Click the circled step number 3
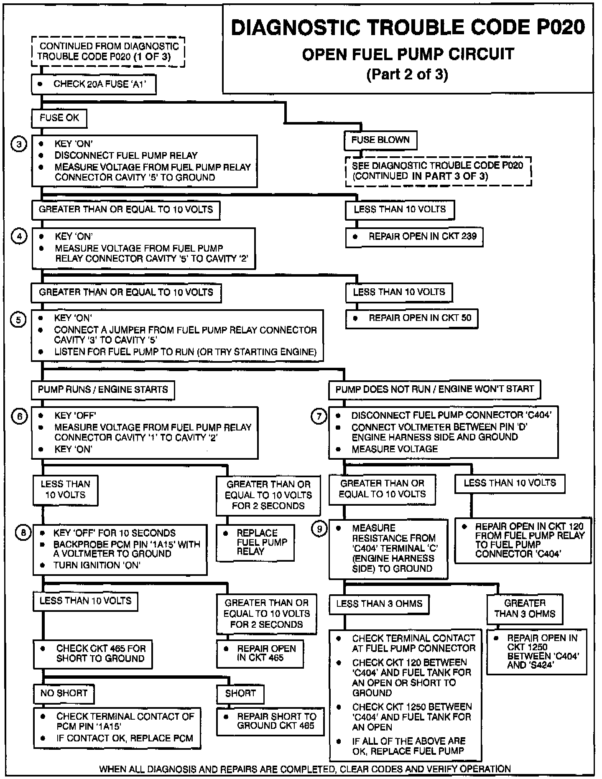point(18,145)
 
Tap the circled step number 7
point(319,416)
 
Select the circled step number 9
point(319,530)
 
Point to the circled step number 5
point(18,321)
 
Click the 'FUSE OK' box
point(59,118)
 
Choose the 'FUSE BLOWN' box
point(380,140)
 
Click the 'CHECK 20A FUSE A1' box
point(94,84)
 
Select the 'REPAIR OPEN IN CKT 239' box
point(414,237)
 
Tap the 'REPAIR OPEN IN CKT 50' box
point(412,318)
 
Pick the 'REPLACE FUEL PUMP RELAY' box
point(255,542)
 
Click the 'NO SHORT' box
point(64,693)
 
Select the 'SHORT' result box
point(240,694)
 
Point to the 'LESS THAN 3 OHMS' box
point(379,604)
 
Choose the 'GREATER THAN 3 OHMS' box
point(525,608)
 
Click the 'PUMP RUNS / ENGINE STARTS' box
point(103,390)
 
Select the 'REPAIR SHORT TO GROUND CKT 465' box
point(270,721)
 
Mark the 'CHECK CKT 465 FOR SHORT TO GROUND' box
point(93,654)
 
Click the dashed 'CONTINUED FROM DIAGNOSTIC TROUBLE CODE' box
point(108,52)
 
